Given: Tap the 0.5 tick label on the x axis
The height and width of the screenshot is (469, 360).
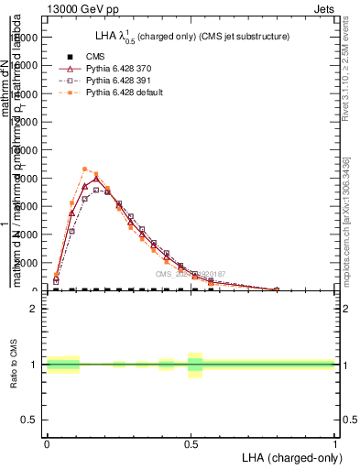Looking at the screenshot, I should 191,442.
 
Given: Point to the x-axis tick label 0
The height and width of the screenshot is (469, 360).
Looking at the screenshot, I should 46,442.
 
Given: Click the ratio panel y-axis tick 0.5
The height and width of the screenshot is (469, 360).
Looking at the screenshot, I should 30,420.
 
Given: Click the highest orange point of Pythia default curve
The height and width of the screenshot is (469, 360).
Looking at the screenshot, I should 85,169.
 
